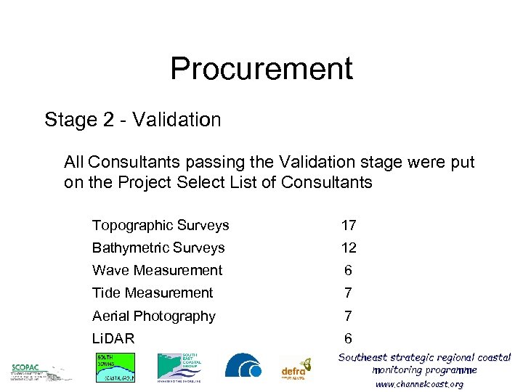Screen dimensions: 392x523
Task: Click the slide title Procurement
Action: click(x=261, y=68)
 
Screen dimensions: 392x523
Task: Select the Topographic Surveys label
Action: click(x=161, y=225)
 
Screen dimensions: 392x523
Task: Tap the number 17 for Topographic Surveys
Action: click(x=349, y=226)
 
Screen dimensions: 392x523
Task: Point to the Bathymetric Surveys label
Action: click(x=158, y=248)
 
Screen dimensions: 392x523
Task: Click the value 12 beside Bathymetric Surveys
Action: click(x=349, y=248)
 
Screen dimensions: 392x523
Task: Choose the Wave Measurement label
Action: click(x=157, y=270)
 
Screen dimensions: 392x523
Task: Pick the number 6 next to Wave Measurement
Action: click(x=349, y=271)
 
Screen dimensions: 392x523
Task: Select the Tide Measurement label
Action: click(x=153, y=293)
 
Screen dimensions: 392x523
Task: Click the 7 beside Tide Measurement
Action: click(x=349, y=293)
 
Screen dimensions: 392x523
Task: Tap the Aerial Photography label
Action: click(x=154, y=316)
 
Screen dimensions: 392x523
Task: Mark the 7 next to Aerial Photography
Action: click(x=349, y=317)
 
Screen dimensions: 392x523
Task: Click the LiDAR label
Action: click(x=113, y=338)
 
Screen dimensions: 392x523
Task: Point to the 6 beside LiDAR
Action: click(x=349, y=339)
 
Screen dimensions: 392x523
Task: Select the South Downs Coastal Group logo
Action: click(x=115, y=367)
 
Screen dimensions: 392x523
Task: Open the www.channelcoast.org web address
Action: click(x=419, y=384)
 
